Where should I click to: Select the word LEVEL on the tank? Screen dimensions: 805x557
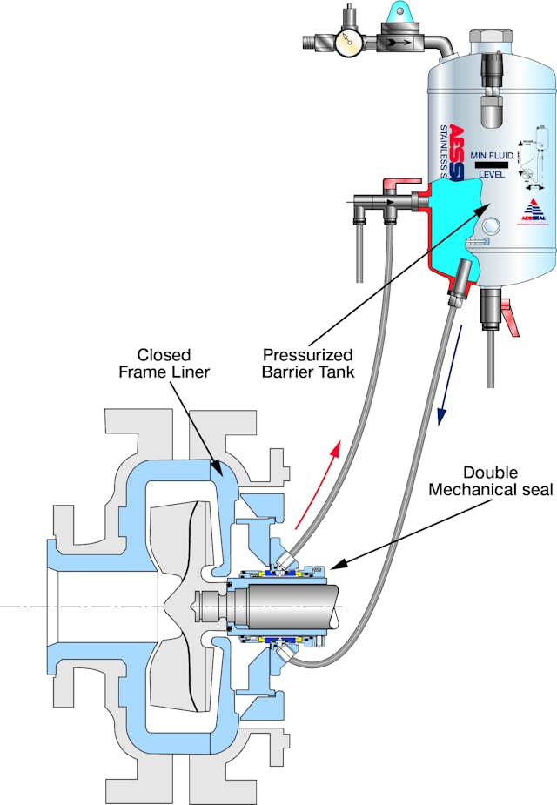pos(493,174)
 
